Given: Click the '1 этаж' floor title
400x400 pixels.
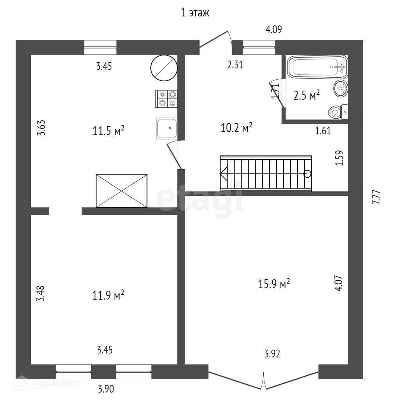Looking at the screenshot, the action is click(x=195, y=13).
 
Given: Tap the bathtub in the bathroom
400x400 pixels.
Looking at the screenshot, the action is click(x=318, y=68).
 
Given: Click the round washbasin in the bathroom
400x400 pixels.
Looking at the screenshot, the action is click(x=341, y=89).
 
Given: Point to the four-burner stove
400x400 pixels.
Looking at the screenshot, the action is click(x=167, y=98).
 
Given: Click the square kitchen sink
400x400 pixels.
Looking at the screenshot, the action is click(x=167, y=128).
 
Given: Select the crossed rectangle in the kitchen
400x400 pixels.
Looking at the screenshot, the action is click(x=121, y=191).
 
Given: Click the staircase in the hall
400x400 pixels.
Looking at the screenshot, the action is click(x=266, y=173).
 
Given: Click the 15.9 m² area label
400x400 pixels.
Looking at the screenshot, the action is click(x=274, y=284).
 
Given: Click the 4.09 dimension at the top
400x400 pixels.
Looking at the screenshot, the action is click(x=273, y=29).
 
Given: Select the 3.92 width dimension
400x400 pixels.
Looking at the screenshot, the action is click(x=272, y=354).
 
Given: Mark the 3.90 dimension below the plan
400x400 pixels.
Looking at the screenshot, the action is click(x=106, y=389).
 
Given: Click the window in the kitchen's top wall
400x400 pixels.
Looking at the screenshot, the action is click(x=100, y=47).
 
